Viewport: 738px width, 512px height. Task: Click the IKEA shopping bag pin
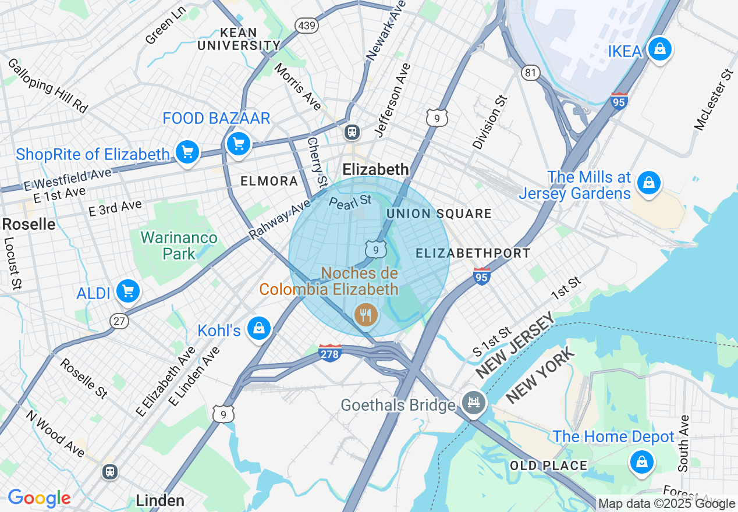pos(659,50)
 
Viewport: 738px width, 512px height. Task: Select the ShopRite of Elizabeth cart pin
pos(187,152)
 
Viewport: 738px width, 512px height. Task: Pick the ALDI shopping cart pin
pos(127,291)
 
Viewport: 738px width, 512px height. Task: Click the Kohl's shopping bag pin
pos(258,329)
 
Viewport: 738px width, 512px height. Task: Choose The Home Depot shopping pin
pos(641,463)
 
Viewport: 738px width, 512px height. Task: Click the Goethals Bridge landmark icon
pos(474,402)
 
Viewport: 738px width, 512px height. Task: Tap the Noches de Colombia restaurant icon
pos(366,315)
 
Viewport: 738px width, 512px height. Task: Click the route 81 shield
pos(530,72)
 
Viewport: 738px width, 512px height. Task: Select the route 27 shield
pos(119,321)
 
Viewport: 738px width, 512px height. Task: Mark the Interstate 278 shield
pos(330,352)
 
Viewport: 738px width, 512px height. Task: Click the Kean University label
pos(239,39)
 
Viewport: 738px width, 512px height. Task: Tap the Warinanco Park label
pos(179,246)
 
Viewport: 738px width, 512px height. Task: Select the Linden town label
pos(160,500)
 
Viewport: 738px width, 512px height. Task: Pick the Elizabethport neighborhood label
pos(473,253)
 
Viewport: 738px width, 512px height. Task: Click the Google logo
pos(39,498)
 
